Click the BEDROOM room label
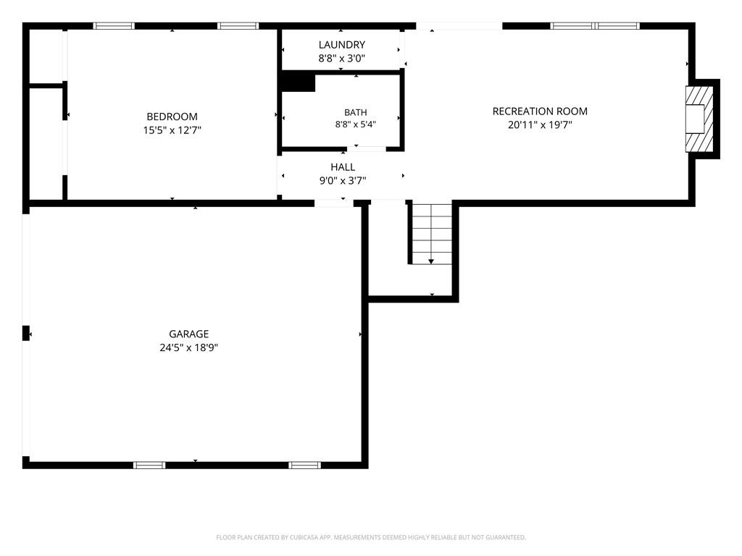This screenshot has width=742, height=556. (172, 117)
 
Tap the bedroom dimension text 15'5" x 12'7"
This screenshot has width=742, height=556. (172, 130)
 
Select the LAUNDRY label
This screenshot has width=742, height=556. (342, 44)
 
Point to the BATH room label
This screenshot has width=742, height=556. (355, 112)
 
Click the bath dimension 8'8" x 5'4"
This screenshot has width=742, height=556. (355, 125)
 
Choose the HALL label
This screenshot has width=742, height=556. (343, 167)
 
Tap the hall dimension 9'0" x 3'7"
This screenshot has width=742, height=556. (343, 180)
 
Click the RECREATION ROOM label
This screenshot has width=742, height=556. (540, 111)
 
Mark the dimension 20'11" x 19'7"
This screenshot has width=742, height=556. (540, 125)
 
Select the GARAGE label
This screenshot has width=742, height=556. (189, 334)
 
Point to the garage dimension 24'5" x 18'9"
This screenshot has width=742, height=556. (189, 347)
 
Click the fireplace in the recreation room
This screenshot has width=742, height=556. (699, 119)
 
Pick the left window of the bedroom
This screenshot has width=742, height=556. (114, 26)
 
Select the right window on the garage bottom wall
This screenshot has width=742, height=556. (305, 466)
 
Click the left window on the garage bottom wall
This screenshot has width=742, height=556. (149, 466)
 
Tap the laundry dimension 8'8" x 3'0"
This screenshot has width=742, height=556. (342, 58)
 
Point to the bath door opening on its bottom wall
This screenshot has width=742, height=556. (367, 149)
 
